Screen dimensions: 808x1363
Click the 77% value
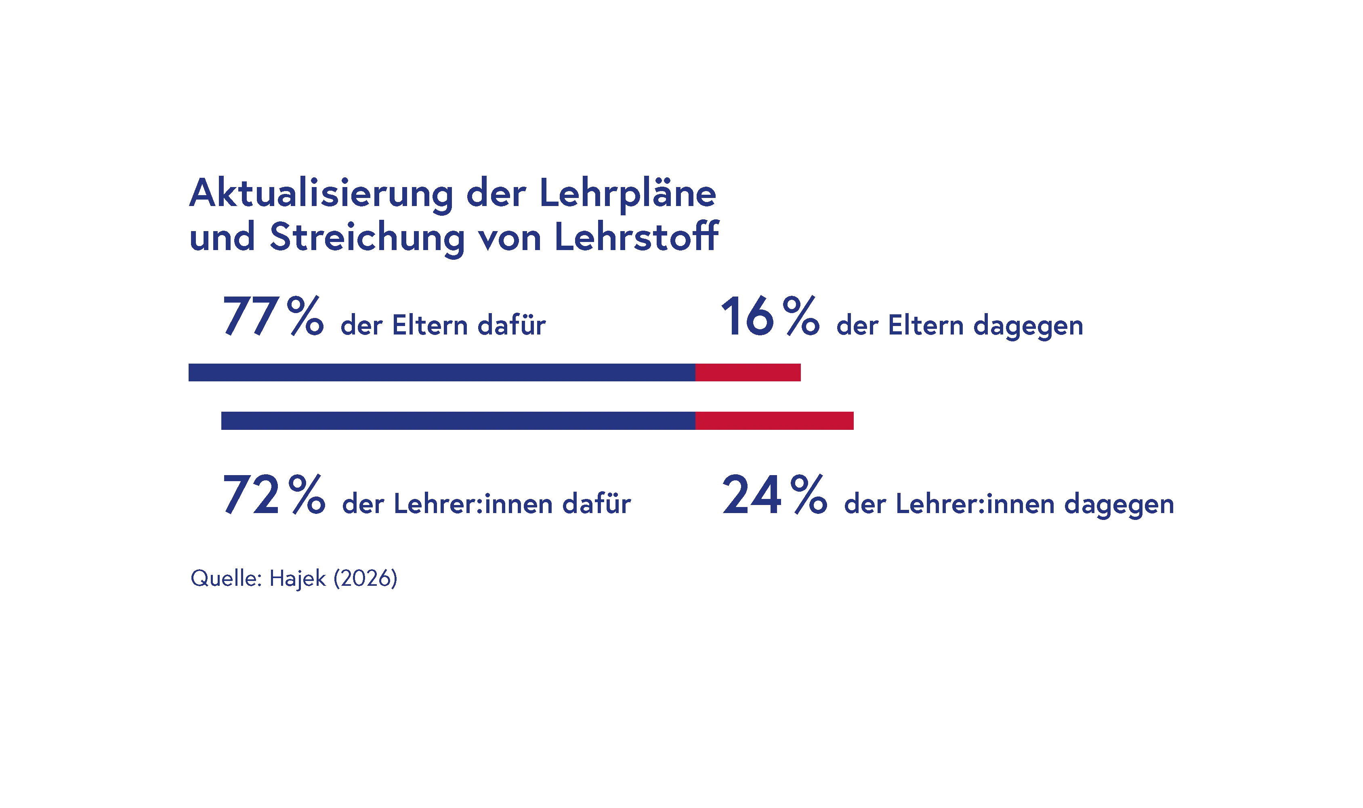[x=273, y=317]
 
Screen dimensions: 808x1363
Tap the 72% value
[x=273, y=495]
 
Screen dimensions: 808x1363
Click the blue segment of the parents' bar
[x=441, y=372]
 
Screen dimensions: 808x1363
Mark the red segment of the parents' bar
[x=748, y=372]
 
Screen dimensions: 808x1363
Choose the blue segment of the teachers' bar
[x=457, y=420]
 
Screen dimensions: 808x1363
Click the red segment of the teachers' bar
[x=775, y=420]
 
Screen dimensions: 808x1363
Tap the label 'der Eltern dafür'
[x=442, y=327]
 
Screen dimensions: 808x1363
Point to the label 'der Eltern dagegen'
[x=959, y=327]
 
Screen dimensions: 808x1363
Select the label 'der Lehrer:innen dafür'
[x=487, y=505]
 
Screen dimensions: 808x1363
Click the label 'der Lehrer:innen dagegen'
[x=1009, y=505]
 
